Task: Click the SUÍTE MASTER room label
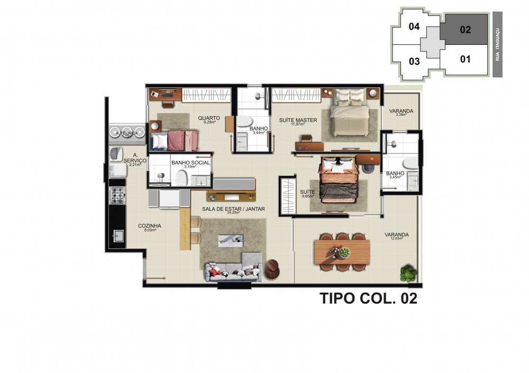coord(298,120)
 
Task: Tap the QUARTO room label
coord(209,118)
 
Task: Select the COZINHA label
coord(150,226)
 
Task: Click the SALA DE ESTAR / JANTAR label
coord(233,209)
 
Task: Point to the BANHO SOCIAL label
coord(190,163)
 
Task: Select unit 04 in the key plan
coord(414,26)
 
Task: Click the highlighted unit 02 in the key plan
coord(465,30)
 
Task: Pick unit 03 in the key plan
coord(414,61)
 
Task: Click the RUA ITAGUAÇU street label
coord(498,45)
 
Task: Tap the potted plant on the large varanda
coord(408,274)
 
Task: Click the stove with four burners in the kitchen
coord(116,195)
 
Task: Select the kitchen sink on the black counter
coord(116,236)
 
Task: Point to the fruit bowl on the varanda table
coord(345,253)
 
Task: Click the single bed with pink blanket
coord(174,141)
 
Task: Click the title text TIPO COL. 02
coord(368,299)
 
